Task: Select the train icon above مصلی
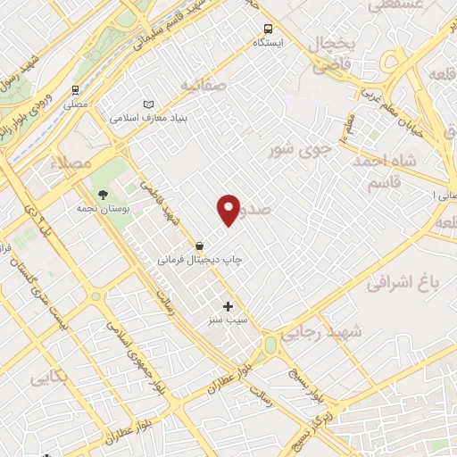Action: [x=77, y=90]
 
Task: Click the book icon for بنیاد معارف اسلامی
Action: [x=147, y=104]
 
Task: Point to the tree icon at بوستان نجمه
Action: [x=104, y=194]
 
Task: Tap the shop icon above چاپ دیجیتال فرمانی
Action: [x=201, y=245]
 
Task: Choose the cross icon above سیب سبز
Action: [x=228, y=305]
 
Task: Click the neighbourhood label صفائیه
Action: [x=204, y=85]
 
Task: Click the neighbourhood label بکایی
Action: [x=50, y=378]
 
